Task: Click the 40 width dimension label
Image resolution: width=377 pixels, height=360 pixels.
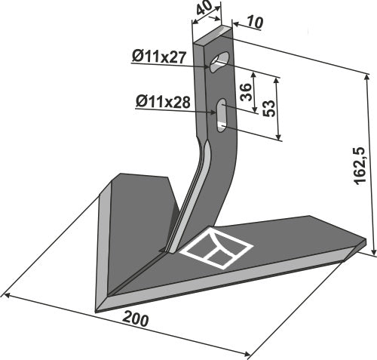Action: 204,10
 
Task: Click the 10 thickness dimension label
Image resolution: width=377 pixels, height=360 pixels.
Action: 254,23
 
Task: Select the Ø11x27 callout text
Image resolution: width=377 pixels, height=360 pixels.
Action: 159,57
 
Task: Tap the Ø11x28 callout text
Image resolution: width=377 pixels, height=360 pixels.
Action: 163,103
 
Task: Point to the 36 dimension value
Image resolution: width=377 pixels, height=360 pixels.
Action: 246,92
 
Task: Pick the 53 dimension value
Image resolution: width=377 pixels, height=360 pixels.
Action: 269,109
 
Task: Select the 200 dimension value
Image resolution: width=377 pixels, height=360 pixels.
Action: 135,319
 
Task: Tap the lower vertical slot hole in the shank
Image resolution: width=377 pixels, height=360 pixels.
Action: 221,115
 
